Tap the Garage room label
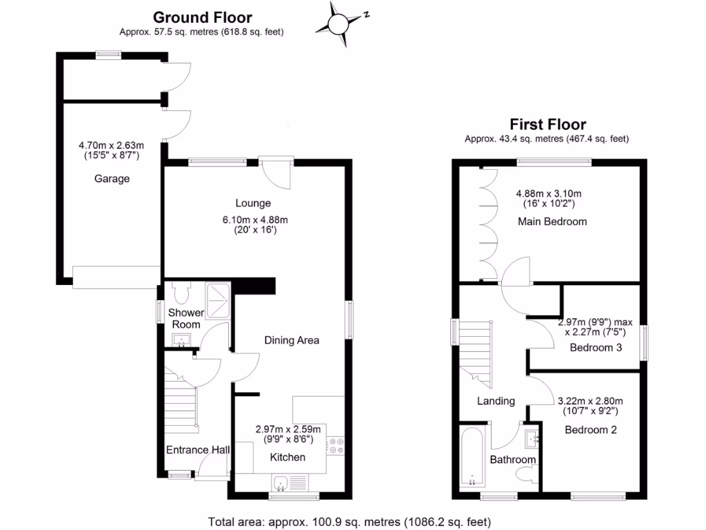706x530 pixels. (112, 179)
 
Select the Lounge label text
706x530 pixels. (253, 203)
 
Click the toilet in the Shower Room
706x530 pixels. (182, 295)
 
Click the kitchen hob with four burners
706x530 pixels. (336, 446)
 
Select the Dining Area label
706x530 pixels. (292, 340)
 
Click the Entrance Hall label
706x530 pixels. (198, 450)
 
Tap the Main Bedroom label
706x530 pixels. (552, 222)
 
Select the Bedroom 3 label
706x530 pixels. (596, 348)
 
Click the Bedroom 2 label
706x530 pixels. (590, 429)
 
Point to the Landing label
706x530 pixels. (496, 401)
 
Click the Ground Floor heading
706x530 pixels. (202, 17)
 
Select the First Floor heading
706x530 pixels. (547, 124)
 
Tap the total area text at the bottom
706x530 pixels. (350, 521)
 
